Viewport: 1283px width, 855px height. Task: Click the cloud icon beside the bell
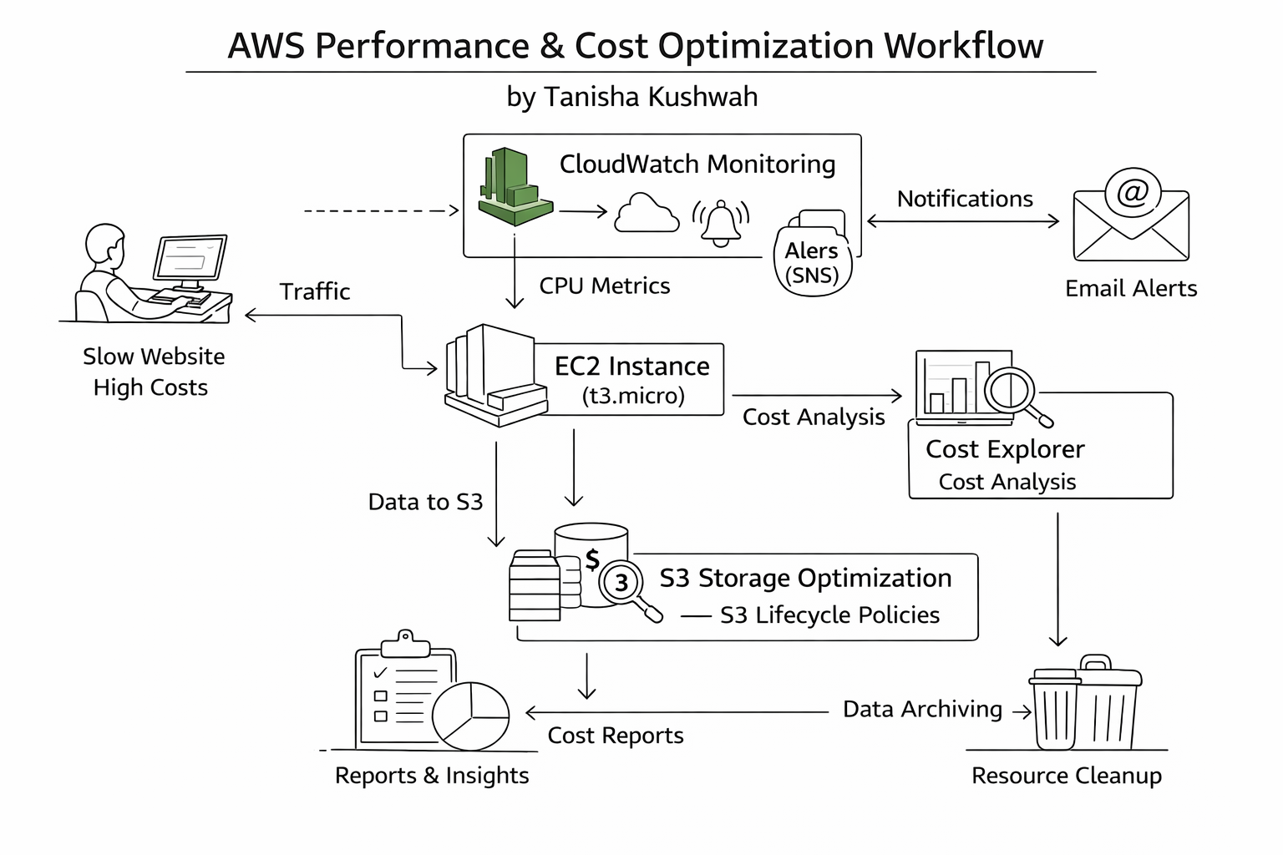click(646, 214)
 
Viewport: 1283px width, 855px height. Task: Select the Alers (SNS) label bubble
click(812, 262)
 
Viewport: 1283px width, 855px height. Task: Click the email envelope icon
click(1130, 215)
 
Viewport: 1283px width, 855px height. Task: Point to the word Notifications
click(965, 199)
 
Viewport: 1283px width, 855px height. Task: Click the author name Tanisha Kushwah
click(651, 97)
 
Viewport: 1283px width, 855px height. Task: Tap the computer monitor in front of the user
click(190, 258)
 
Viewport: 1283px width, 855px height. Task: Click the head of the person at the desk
click(106, 245)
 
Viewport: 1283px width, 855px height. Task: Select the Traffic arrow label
click(315, 291)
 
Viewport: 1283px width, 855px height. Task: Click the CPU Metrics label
click(604, 286)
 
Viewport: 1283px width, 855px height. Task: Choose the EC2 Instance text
click(631, 367)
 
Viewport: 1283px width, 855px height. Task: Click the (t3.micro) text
click(633, 396)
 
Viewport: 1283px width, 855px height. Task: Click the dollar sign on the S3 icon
click(592, 559)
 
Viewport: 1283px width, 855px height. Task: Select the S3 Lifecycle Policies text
click(829, 615)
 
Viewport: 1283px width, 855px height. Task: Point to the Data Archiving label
click(922, 709)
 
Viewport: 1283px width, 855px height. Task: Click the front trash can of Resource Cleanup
click(1055, 710)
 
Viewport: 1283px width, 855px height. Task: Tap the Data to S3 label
click(425, 502)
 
